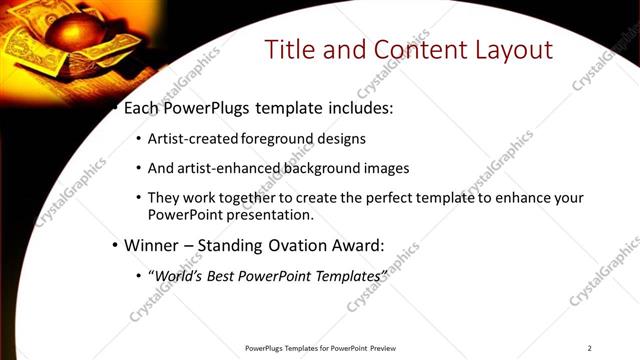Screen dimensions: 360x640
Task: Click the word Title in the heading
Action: click(289, 49)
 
